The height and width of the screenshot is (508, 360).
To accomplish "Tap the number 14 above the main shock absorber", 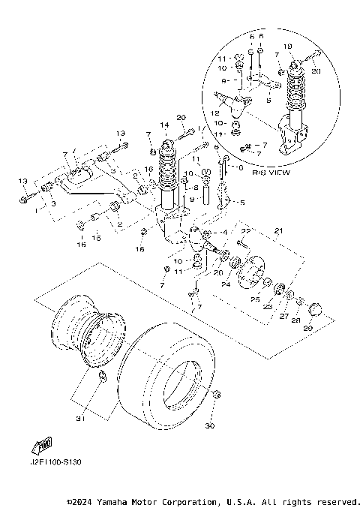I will pos(165,124).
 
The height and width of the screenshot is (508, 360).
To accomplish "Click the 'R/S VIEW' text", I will pos(249,171).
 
